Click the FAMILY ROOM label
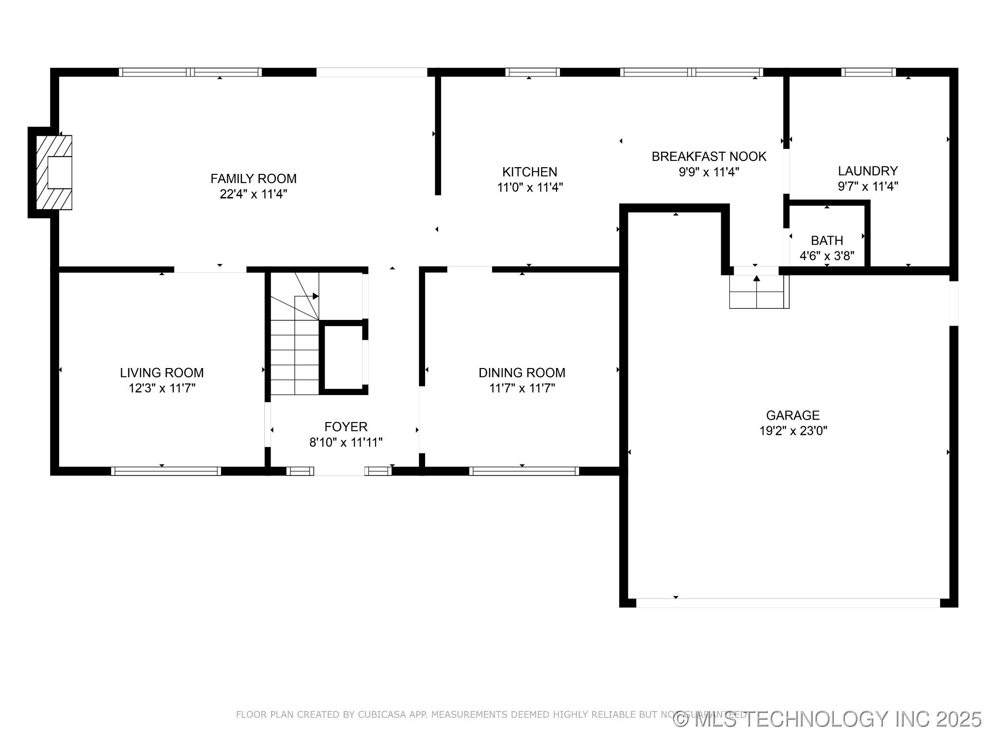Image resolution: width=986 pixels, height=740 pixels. click(253, 179)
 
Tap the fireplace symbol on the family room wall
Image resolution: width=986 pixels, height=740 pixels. click(54, 172)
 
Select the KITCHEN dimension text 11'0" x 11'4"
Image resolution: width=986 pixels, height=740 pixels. click(530, 187)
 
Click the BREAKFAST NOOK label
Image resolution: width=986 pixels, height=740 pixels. click(709, 157)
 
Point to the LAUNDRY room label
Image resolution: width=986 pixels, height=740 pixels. click(868, 171)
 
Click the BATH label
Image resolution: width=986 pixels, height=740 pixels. click(827, 240)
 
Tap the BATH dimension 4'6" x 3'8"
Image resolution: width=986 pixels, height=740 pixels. click(827, 256)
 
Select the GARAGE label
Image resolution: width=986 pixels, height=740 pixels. click(792, 415)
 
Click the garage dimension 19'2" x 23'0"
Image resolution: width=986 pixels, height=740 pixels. click(793, 431)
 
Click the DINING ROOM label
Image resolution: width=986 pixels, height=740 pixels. click(522, 372)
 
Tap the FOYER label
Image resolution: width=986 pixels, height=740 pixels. click(346, 427)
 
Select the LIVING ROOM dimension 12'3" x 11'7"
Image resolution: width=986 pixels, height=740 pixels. click(162, 388)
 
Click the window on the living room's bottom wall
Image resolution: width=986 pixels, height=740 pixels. click(166, 471)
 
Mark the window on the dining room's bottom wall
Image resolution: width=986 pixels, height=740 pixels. click(524, 471)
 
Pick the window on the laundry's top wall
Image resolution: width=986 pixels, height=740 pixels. click(869, 72)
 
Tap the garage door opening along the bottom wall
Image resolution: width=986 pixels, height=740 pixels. click(788, 603)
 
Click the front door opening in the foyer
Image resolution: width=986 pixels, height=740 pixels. click(339, 471)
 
